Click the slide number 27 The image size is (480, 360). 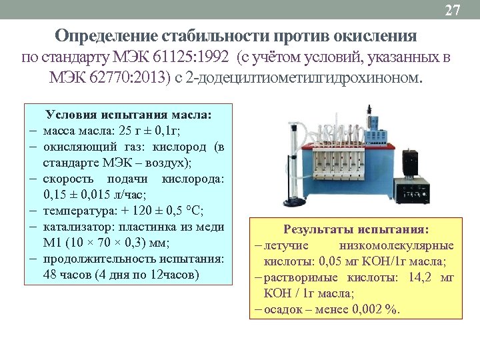point(453,10)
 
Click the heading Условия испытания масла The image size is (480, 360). point(127,115)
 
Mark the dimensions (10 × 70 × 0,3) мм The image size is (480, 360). point(119,243)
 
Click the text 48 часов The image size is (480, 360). point(65,275)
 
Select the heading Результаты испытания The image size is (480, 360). point(356,229)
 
